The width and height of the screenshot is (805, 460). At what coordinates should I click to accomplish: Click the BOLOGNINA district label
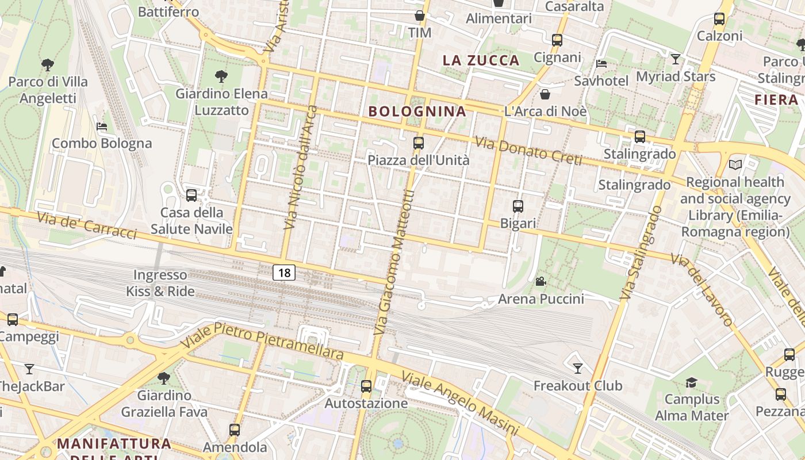click(417, 111)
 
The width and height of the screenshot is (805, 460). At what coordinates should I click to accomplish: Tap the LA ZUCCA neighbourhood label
click(481, 60)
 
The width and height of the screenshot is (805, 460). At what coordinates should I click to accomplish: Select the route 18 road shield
click(284, 272)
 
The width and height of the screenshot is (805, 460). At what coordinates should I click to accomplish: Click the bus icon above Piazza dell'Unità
click(419, 143)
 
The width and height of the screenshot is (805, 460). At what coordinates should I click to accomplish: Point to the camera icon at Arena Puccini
click(540, 282)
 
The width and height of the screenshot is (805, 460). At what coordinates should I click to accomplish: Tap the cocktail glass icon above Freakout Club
click(578, 368)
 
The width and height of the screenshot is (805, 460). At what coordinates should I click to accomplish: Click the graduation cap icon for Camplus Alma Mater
click(691, 382)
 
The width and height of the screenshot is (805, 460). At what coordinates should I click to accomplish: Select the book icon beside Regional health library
click(735, 165)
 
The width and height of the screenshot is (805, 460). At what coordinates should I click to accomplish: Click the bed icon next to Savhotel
click(601, 64)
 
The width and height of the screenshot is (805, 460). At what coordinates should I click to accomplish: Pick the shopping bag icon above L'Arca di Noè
click(545, 94)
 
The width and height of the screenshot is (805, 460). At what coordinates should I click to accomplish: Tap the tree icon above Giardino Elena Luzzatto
click(221, 76)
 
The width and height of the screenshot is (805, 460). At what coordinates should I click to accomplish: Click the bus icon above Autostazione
click(366, 386)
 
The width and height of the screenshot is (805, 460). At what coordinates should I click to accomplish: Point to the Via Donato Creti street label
click(528, 151)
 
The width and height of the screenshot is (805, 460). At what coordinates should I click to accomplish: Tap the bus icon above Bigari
click(518, 206)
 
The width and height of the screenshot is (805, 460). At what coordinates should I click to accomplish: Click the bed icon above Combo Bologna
click(102, 126)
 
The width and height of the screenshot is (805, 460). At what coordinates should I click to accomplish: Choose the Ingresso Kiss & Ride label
click(160, 283)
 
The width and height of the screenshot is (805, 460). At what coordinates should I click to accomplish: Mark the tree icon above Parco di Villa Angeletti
click(48, 65)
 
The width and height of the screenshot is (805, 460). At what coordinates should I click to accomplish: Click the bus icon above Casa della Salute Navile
click(191, 195)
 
